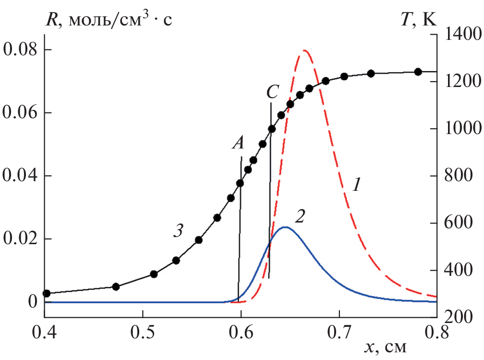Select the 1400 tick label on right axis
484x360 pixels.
(x=460, y=34)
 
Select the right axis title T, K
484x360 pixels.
(x=434, y=20)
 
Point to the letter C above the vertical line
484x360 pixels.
(x=272, y=91)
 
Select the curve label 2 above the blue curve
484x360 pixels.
(x=300, y=216)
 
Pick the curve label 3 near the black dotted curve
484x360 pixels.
(x=178, y=231)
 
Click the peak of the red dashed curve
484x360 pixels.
(x=304, y=50)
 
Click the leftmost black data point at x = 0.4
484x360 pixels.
(x=47, y=293)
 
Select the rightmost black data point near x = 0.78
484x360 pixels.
(x=418, y=72)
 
